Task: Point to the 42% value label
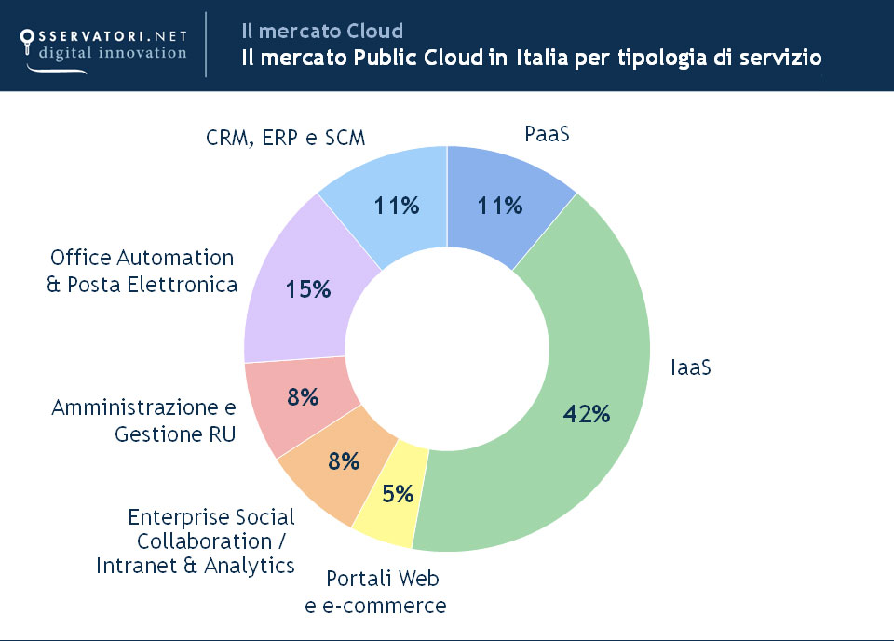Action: point(587,413)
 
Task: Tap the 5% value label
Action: point(398,494)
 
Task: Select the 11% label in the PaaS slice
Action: point(500,206)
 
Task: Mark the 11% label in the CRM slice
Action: point(397,206)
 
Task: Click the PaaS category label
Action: point(547,134)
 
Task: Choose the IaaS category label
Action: point(691,367)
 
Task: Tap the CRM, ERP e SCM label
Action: point(285,137)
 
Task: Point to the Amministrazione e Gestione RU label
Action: point(143,421)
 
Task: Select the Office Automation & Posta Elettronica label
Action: point(142,271)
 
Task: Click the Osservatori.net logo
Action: point(102,44)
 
